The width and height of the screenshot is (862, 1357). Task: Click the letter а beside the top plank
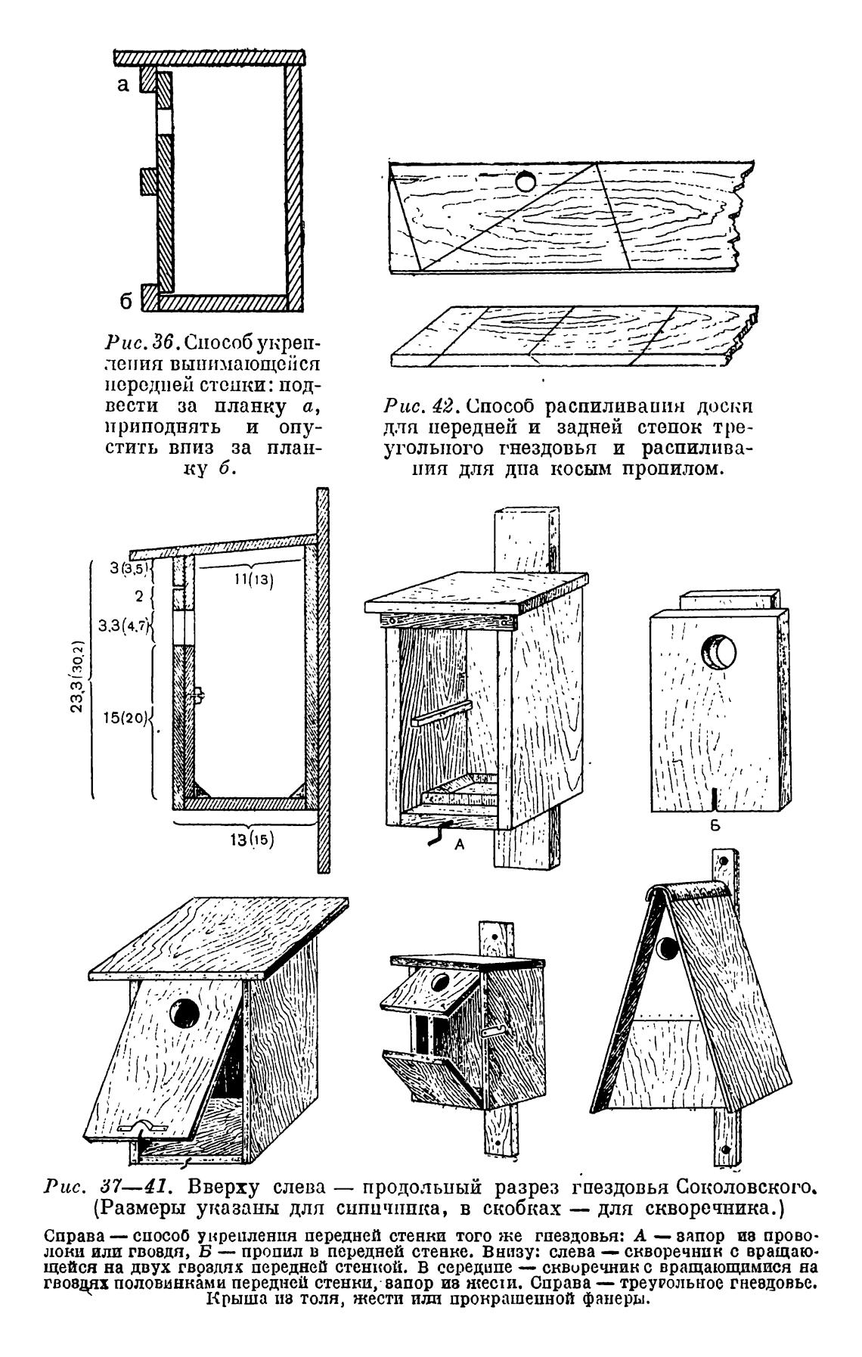click(x=123, y=85)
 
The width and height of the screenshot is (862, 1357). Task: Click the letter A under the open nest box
click(x=458, y=846)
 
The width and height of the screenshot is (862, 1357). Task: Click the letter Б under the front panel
click(x=714, y=826)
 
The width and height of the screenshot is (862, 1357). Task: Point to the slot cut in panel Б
click(x=714, y=800)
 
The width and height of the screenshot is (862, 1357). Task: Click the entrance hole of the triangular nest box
click(x=668, y=949)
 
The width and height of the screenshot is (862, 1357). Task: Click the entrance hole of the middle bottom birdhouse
click(x=438, y=983)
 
